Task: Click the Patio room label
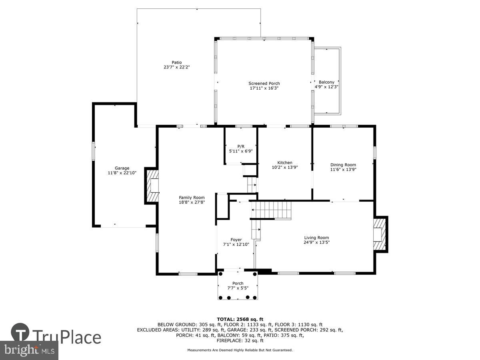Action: pyautogui.click(x=176, y=62)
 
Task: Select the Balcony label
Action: pyautogui.click(x=326, y=82)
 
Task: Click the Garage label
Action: pyautogui.click(x=122, y=168)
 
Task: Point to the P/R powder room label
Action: pyautogui.click(x=240, y=146)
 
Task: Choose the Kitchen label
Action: pyautogui.click(x=285, y=162)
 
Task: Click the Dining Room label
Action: pyautogui.click(x=343, y=165)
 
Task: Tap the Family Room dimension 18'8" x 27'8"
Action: pyautogui.click(x=192, y=202)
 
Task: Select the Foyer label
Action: pyautogui.click(x=236, y=240)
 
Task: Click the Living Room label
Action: pyautogui.click(x=316, y=237)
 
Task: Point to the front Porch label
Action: pyautogui.click(x=238, y=283)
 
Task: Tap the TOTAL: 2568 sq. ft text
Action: pyautogui.click(x=240, y=319)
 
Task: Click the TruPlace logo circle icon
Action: pyautogui.click(x=20, y=333)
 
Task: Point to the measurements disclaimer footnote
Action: pyautogui.click(x=240, y=350)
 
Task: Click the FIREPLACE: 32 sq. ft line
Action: pyautogui.click(x=240, y=340)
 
